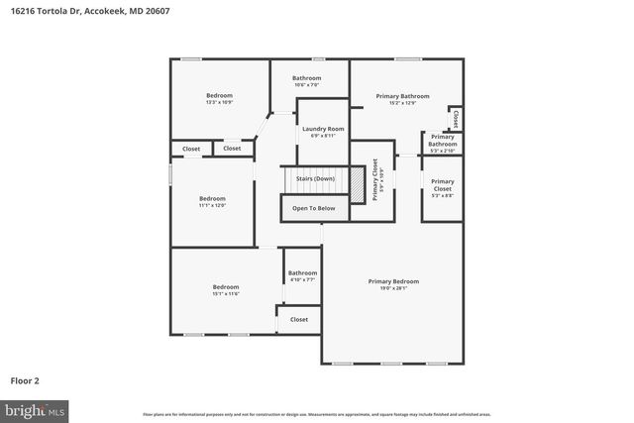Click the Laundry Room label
pyautogui.click(x=323, y=129)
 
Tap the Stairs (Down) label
pyautogui.click(x=314, y=178)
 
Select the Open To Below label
pyautogui.click(x=313, y=208)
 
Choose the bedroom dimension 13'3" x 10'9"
pyautogui.click(x=219, y=102)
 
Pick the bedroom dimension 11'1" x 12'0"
pyautogui.click(x=212, y=205)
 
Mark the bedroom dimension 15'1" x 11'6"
pyautogui.click(x=226, y=294)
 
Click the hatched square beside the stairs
pyautogui.click(x=357, y=185)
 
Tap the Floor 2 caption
pyautogui.click(x=25, y=379)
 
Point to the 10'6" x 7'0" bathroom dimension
pyautogui.click(x=306, y=84)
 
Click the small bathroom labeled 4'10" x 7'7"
pyautogui.click(x=302, y=276)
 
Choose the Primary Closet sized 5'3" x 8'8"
pyautogui.click(x=442, y=188)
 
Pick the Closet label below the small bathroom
pyautogui.click(x=298, y=319)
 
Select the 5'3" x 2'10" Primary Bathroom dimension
pyautogui.click(x=442, y=151)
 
